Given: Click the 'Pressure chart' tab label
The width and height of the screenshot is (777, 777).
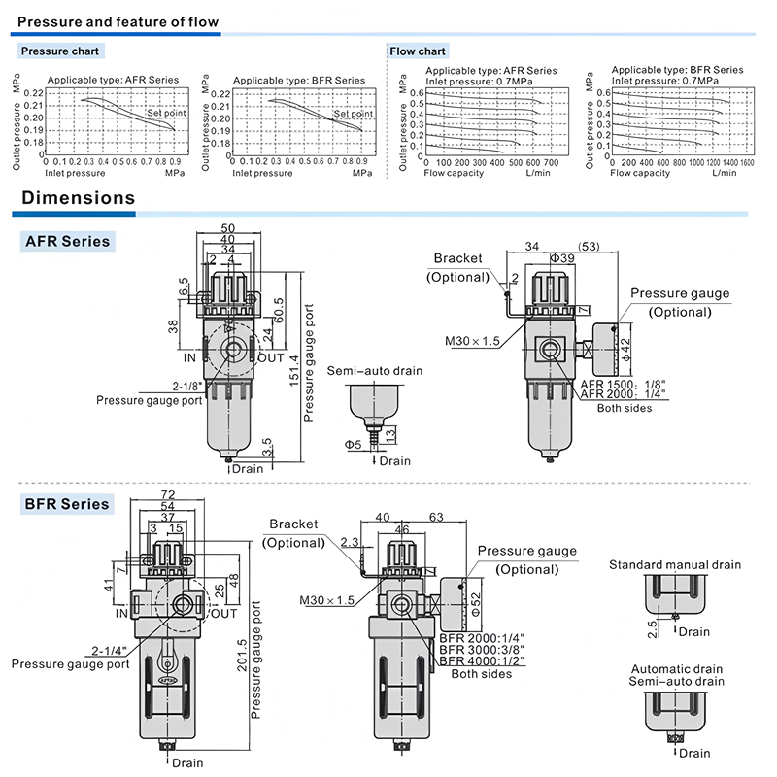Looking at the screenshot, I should [60, 51].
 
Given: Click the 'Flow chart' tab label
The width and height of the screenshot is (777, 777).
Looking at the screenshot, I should [418, 51].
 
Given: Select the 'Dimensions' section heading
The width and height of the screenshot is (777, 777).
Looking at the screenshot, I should [79, 198].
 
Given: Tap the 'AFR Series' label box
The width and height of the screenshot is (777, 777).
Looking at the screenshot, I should [67, 241].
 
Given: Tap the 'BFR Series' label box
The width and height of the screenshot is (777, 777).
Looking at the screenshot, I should [67, 504].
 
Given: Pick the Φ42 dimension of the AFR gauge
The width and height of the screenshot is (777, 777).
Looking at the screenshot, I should [626, 348].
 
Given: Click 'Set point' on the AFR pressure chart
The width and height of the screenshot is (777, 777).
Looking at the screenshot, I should [166, 113].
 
